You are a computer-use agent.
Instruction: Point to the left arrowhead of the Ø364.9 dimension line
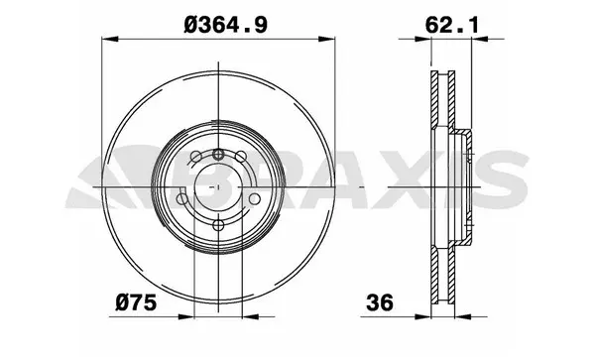(107, 40)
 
